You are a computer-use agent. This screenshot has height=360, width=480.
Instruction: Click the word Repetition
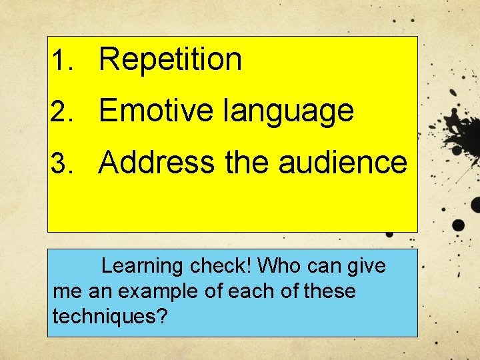click(x=170, y=60)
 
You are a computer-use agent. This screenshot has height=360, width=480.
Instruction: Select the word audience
click(x=342, y=162)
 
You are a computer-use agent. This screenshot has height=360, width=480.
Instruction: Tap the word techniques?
click(x=109, y=317)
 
